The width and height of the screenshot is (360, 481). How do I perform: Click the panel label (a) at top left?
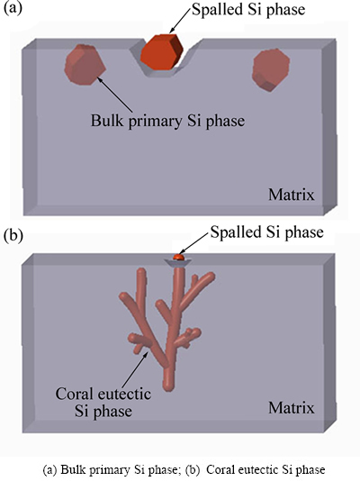[13, 9]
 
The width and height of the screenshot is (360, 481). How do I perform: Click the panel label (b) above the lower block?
[13, 237]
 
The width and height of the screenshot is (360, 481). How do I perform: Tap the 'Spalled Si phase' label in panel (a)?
[248, 10]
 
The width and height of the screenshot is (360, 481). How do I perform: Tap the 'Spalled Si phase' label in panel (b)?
[267, 232]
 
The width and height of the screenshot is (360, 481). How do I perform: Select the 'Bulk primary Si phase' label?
[167, 121]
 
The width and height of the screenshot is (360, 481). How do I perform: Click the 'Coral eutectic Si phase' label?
[103, 402]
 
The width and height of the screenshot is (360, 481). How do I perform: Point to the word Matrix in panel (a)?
[292, 195]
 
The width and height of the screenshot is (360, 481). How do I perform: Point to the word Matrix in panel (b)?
[292, 408]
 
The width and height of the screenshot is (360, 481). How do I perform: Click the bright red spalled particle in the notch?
[161, 52]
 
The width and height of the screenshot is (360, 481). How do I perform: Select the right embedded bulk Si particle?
[271, 70]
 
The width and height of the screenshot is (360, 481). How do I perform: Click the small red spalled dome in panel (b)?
[178, 257]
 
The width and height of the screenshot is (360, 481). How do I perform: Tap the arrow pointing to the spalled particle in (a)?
[180, 20]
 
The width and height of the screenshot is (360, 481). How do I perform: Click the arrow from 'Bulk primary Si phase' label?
[115, 95]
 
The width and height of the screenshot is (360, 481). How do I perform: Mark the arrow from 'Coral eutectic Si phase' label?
[135, 369]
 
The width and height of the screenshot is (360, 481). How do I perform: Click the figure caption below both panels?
[184, 469]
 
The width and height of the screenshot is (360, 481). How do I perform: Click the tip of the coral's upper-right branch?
[211, 277]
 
